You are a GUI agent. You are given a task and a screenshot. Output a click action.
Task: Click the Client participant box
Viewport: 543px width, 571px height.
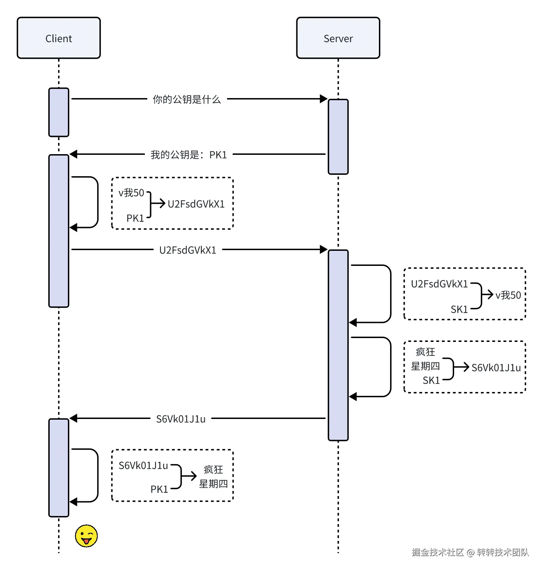click(x=59, y=38)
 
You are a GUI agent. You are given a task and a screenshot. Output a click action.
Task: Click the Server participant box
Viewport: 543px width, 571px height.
click(x=338, y=38)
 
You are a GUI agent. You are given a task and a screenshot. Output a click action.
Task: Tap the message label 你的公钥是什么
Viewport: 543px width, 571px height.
click(x=187, y=99)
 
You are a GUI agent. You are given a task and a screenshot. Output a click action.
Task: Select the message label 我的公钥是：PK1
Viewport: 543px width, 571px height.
click(x=189, y=154)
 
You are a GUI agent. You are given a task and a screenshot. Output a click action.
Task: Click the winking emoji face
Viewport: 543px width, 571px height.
click(x=86, y=536)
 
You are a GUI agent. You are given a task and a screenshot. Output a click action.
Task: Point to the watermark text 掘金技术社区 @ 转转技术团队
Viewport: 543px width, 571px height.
click(x=470, y=552)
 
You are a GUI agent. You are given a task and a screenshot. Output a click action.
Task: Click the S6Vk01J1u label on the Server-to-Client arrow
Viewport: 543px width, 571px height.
click(x=181, y=419)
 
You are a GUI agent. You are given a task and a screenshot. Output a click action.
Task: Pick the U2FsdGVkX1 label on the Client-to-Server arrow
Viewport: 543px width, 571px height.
click(x=188, y=250)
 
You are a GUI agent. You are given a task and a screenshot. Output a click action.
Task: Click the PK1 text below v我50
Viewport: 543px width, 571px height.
click(x=135, y=218)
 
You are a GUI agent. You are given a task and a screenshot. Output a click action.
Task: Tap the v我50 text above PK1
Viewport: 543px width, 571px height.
click(x=131, y=193)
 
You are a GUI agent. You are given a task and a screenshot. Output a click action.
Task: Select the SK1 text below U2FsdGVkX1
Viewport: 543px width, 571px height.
click(x=459, y=309)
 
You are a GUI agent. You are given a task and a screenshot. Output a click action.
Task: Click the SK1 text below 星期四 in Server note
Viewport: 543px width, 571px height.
click(x=431, y=380)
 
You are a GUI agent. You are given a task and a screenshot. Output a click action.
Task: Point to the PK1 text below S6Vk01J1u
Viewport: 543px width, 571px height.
click(x=159, y=489)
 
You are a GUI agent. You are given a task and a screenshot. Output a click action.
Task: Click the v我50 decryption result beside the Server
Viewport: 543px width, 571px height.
click(x=508, y=295)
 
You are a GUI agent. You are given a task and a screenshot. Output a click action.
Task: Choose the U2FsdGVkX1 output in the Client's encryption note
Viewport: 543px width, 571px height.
click(x=196, y=204)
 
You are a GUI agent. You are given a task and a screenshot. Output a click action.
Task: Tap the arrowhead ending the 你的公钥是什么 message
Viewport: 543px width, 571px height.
click(x=324, y=99)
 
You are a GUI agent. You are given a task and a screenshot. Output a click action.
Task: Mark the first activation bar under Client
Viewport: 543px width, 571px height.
click(x=59, y=112)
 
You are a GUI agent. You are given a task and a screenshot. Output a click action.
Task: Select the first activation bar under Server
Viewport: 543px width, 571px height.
click(x=338, y=137)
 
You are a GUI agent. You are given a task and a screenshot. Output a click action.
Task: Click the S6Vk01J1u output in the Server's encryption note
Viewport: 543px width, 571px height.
click(x=496, y=367)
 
